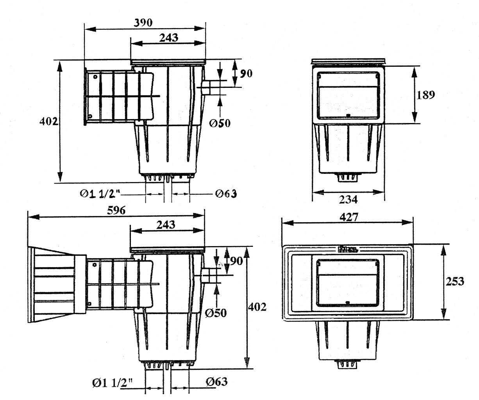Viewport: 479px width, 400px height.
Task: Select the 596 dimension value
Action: click(x=116, y=210)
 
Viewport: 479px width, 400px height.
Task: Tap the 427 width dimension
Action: click(x=349, y=217)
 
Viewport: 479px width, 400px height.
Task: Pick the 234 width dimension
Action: click(x=349, y=200)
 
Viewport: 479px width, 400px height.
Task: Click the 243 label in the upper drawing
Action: click(x=168, y=38)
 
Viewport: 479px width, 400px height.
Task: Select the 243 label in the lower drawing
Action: click(x=165, y=225)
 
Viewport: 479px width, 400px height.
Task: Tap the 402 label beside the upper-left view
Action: click(x=49, y=121)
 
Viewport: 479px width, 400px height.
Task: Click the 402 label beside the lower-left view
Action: click(x=257, y=307)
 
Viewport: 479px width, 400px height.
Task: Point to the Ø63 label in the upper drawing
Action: click(x=226, y=193)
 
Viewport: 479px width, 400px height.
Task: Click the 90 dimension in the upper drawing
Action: click(x=245, y=73)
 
